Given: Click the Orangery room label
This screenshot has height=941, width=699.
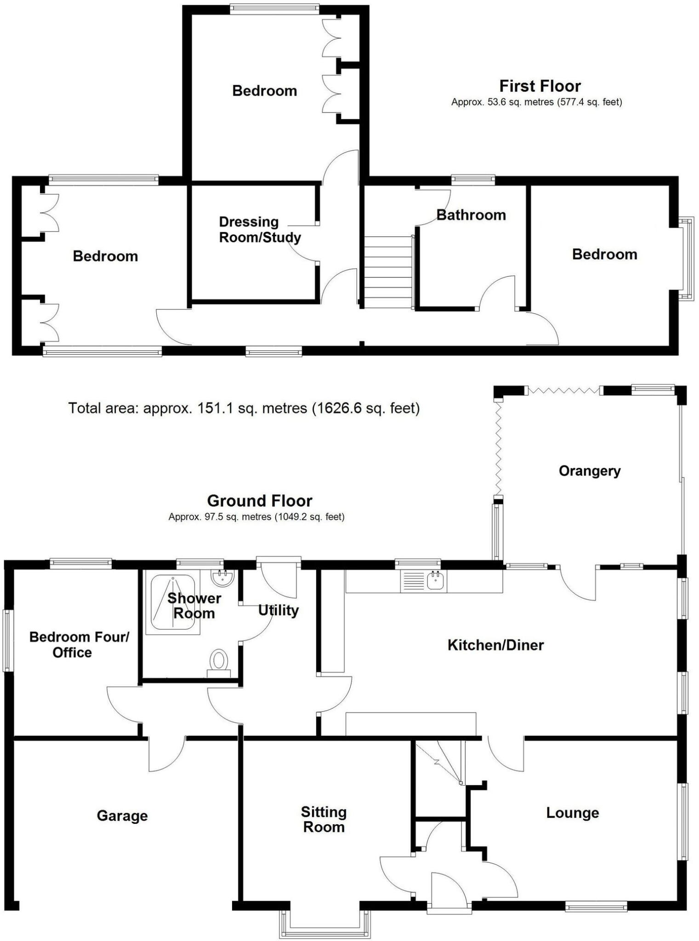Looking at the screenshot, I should [589, 471].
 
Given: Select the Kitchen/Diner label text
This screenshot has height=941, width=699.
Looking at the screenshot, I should [495, 645].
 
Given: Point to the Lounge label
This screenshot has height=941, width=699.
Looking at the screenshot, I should [572, 813].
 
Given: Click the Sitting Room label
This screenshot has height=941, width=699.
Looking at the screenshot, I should [324, 820].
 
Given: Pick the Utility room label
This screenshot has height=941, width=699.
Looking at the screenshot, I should [278, 611].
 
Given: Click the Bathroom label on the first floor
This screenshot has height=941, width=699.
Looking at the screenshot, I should [471, 215].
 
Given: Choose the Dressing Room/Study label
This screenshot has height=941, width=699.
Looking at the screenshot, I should [260, 230].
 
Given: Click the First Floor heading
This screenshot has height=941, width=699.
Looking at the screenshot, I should [540, 86].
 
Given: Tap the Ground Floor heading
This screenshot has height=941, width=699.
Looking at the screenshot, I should [260, 500].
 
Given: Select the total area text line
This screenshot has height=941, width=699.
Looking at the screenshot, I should [244, 408].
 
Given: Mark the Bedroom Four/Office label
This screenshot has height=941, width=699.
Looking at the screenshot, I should [79, 645].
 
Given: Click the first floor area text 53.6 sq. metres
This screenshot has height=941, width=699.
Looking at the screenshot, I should [536, 102].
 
